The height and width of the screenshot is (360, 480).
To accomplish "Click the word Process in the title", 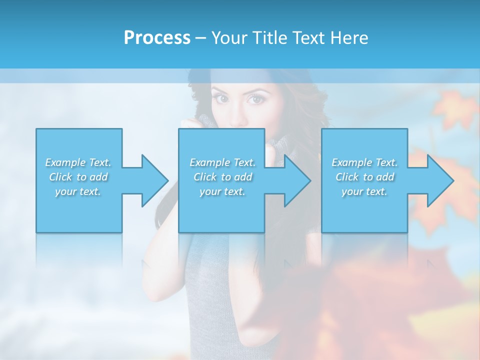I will (x=157, y=38).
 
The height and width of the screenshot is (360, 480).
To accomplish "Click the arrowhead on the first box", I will (x=154, y=180).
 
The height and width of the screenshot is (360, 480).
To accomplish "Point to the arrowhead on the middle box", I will (x=297, y=180).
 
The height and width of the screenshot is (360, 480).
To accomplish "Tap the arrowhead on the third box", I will (x=440, y=180).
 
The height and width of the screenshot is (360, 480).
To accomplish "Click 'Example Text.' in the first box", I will (x=78, y=162).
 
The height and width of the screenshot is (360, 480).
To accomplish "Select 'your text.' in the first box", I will (x=78, y=191).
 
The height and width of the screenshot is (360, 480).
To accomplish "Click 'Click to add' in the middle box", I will (x=222, y=177).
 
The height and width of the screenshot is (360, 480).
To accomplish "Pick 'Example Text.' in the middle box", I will (x=222, y=162).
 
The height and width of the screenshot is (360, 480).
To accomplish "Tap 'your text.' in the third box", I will (x=364, y=191).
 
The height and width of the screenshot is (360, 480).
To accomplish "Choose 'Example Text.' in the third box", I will (x=364, y=162).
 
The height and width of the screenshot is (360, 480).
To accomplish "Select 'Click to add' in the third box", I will (x=364, y=177).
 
